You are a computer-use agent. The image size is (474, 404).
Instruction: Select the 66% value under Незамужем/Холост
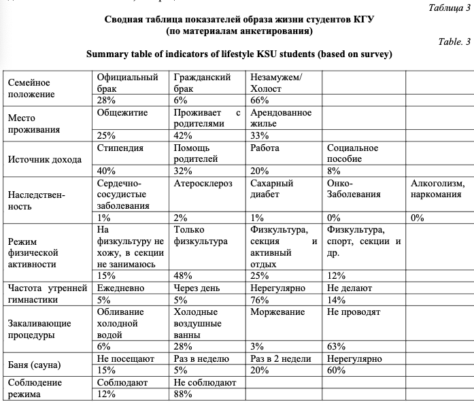260,100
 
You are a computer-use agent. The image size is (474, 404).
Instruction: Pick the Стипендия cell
120,148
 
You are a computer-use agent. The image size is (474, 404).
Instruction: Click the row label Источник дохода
44,160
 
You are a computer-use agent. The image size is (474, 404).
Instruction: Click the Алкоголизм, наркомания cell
438,189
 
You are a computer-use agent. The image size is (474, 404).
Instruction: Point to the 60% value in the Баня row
336,370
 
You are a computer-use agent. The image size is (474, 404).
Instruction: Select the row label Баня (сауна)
38,364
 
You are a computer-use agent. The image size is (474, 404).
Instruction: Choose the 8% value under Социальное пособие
334,171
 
